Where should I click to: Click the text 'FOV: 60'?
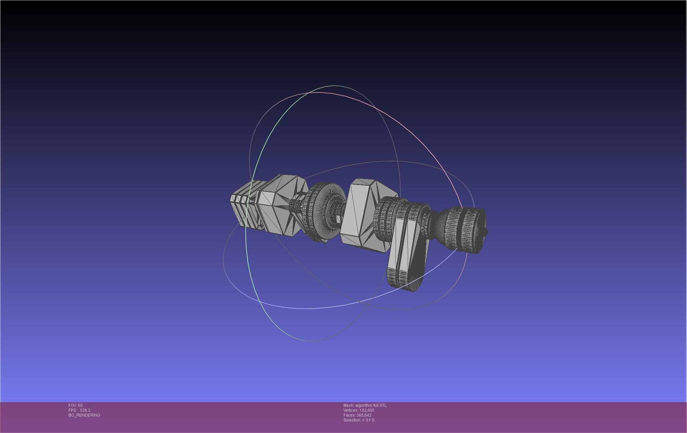click(75, 405)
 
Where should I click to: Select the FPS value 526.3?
click(85, 410)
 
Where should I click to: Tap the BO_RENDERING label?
click(84, 415)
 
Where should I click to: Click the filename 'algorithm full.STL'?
click(371, 405)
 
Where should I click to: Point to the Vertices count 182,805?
click(367, 410)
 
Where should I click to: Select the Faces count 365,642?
click(364, 415)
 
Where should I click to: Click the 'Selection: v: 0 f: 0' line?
click(359, 420)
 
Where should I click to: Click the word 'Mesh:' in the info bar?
click(349, 405)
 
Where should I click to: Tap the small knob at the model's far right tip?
click(486, 232)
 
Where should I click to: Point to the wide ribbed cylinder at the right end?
click(465, 230)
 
